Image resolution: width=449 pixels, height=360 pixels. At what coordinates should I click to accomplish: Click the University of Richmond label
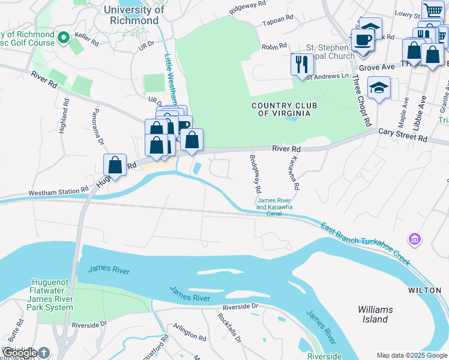coord(133,15)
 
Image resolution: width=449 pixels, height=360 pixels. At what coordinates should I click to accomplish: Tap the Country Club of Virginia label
coord(285,109)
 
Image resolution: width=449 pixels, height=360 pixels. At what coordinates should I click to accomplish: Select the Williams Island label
coord(375,314)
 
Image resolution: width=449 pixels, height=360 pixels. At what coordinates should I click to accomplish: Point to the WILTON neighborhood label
coord(425,290)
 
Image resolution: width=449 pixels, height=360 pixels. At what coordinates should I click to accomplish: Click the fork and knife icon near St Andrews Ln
coord(302,64)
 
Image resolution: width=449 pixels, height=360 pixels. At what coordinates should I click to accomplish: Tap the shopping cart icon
coord(432,10)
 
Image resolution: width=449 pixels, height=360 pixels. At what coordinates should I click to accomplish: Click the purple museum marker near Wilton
coord(413,239)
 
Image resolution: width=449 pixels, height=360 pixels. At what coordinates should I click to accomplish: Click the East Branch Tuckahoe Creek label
coord(365,244)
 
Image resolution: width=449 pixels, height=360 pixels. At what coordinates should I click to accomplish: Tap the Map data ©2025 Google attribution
coord(411,355)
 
